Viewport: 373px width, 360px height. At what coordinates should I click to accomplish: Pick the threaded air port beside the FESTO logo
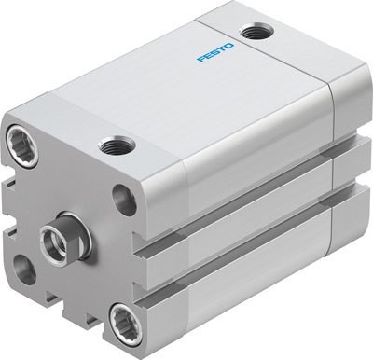251,34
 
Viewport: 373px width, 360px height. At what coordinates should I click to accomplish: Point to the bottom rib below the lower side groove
252,289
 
